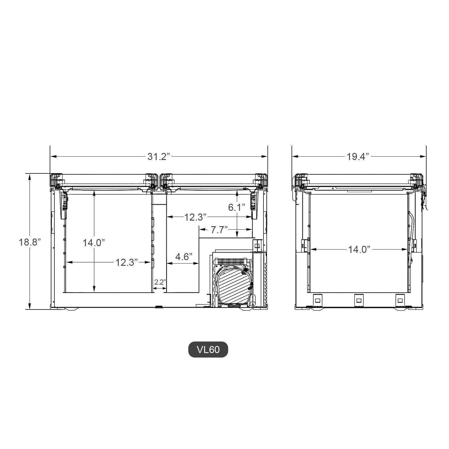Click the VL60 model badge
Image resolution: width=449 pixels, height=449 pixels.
(x=208, y=350)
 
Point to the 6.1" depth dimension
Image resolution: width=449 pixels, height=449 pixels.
(x=237, y=207)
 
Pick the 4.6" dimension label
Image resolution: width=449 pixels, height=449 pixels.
(x=184, y=257)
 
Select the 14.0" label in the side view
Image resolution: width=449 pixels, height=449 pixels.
(x=359, y=249)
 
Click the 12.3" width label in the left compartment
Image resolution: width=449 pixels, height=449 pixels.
(x=126, y=263)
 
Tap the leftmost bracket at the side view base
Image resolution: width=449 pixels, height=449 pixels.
(x=318, y=300)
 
